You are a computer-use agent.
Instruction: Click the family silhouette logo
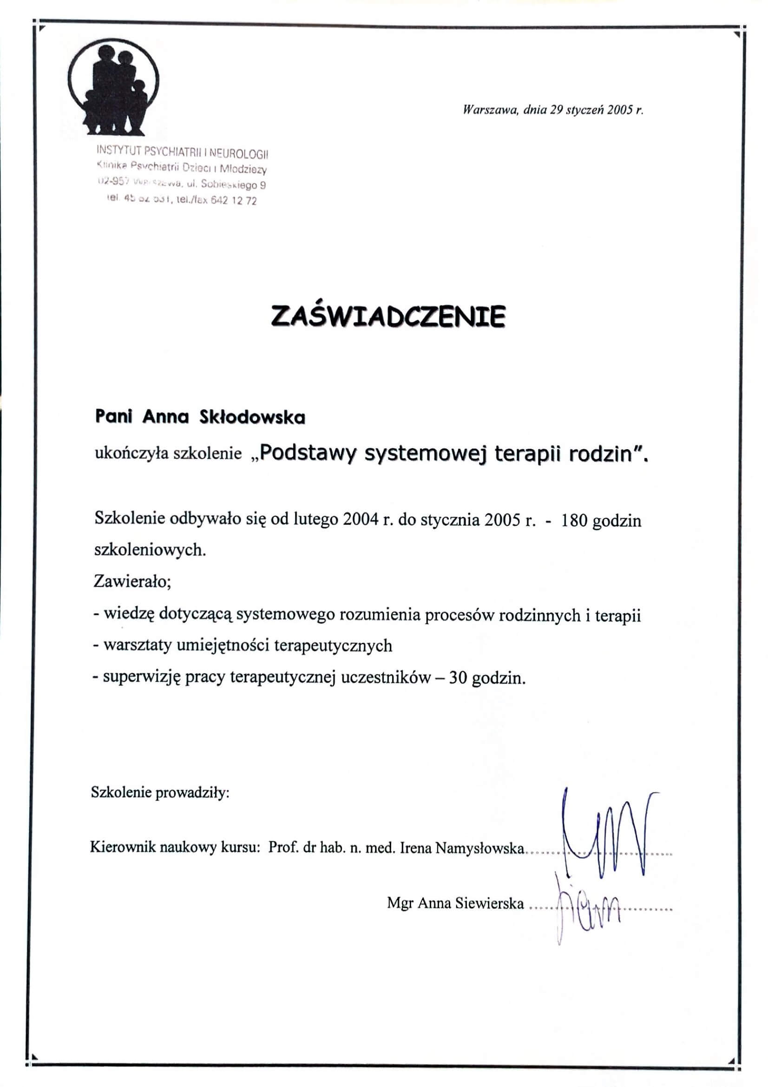point(113,87)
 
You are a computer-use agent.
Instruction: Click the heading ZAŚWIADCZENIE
point(388,316)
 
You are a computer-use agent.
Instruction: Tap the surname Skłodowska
point(252,417)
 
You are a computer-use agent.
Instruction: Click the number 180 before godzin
point(574,521)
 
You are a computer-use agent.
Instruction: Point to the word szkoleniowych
point(150,550)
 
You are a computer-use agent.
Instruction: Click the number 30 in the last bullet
point(458,678)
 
